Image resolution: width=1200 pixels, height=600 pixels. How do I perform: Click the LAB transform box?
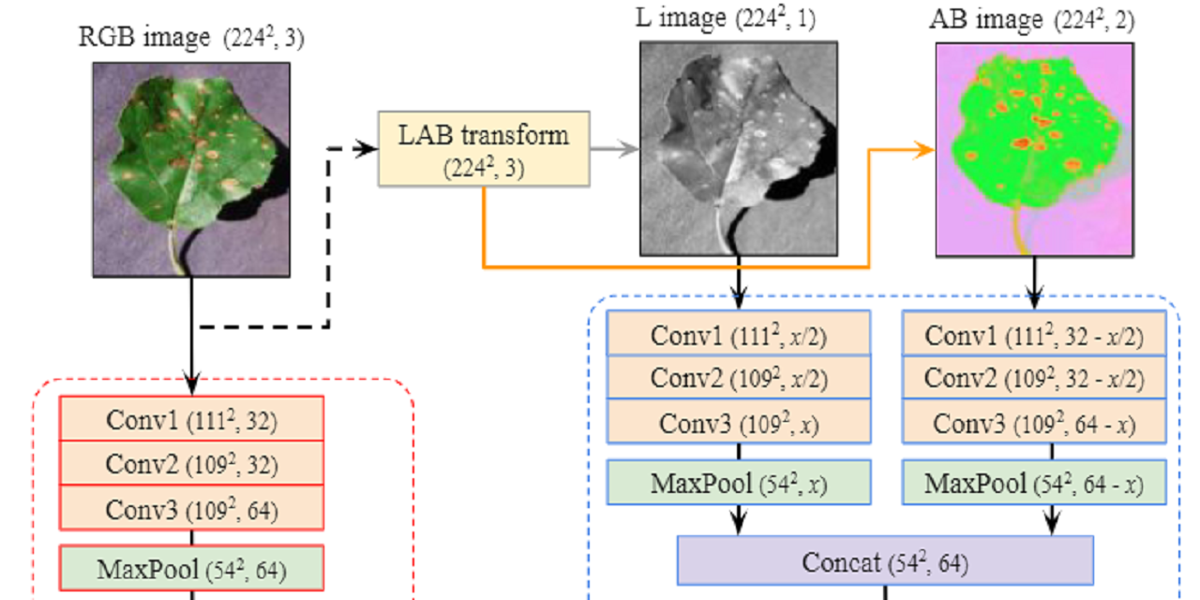pos(484,148)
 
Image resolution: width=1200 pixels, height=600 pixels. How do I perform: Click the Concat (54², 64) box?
pos(885,562)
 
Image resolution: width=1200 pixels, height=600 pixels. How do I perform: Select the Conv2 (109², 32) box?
pos(191,464)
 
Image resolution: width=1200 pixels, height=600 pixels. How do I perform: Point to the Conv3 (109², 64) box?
pos(191,510)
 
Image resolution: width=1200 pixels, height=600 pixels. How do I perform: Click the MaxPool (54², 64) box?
pos(191,568)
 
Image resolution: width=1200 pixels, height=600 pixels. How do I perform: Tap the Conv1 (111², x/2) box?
pos(738,335)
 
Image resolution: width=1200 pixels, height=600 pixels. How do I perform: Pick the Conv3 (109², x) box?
pos(738,423)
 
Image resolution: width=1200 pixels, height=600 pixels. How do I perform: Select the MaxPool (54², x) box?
pos(738,484)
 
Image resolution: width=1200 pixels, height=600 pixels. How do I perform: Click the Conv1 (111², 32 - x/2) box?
pos(1034,335)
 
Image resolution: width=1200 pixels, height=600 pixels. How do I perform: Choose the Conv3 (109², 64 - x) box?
pos(1034,423)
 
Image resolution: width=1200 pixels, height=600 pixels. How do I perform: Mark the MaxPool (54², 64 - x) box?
pos(1034,484)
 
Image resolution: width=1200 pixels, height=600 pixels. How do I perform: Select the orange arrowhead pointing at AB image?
pos(926,150)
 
